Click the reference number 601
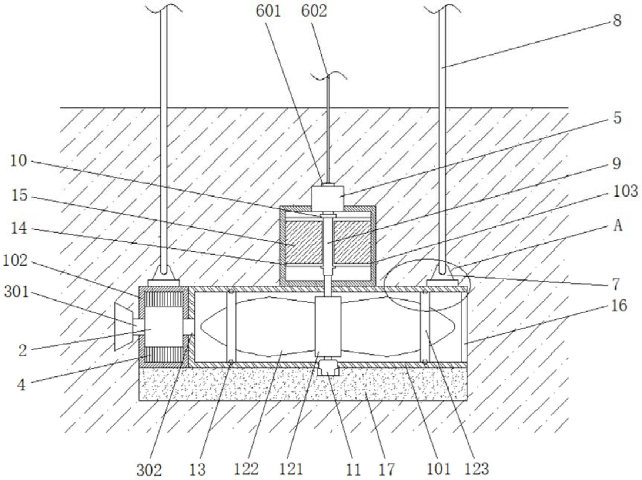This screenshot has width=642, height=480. point(268,11)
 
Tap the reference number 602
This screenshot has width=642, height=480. point(314,11)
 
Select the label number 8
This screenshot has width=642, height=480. point(617,21)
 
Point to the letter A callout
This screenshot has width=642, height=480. point(618,225)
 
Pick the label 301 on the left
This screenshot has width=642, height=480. point(17,292)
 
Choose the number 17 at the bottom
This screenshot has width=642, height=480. point(385,469)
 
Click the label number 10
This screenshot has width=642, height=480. point(19,161)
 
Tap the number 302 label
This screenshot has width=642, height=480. point(149,470)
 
